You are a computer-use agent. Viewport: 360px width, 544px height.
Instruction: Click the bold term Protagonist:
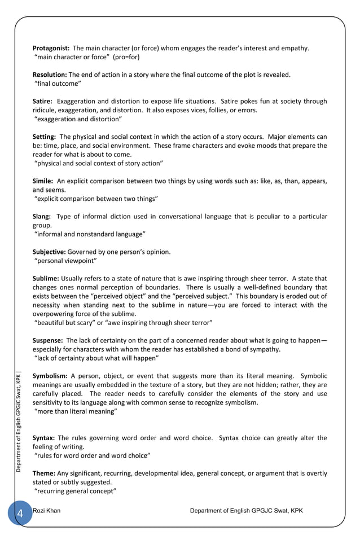coord(51,48)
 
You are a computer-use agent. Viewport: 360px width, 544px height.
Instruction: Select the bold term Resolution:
coord(50,74)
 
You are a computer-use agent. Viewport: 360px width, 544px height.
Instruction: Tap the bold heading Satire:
coord(42,102)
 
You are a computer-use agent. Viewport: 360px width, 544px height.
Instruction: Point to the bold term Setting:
coord(44,137)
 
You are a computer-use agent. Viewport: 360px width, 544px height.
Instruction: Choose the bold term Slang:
coord(42,216)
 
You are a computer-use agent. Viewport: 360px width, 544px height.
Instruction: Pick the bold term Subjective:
coord(49,252)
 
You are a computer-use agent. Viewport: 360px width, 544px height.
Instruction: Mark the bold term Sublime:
coord(46,278)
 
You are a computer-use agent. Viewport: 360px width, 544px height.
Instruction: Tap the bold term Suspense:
coord(47,340)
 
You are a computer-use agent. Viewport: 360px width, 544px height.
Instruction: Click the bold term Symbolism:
coord(50,376)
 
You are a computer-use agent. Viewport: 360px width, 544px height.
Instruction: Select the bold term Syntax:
coord(43,438)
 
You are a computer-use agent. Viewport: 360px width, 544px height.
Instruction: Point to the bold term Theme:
coord(43,473)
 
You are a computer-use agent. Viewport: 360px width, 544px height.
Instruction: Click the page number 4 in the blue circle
coord(20,513)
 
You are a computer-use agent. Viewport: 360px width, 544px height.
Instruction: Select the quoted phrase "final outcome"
coord(58,84)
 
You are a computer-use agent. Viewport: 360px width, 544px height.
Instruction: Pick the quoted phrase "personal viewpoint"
coord(66,261)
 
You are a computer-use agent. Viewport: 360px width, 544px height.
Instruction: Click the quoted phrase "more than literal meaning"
coord(76,411)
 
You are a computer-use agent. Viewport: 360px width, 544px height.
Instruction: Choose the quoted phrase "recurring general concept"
coord(76,491)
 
